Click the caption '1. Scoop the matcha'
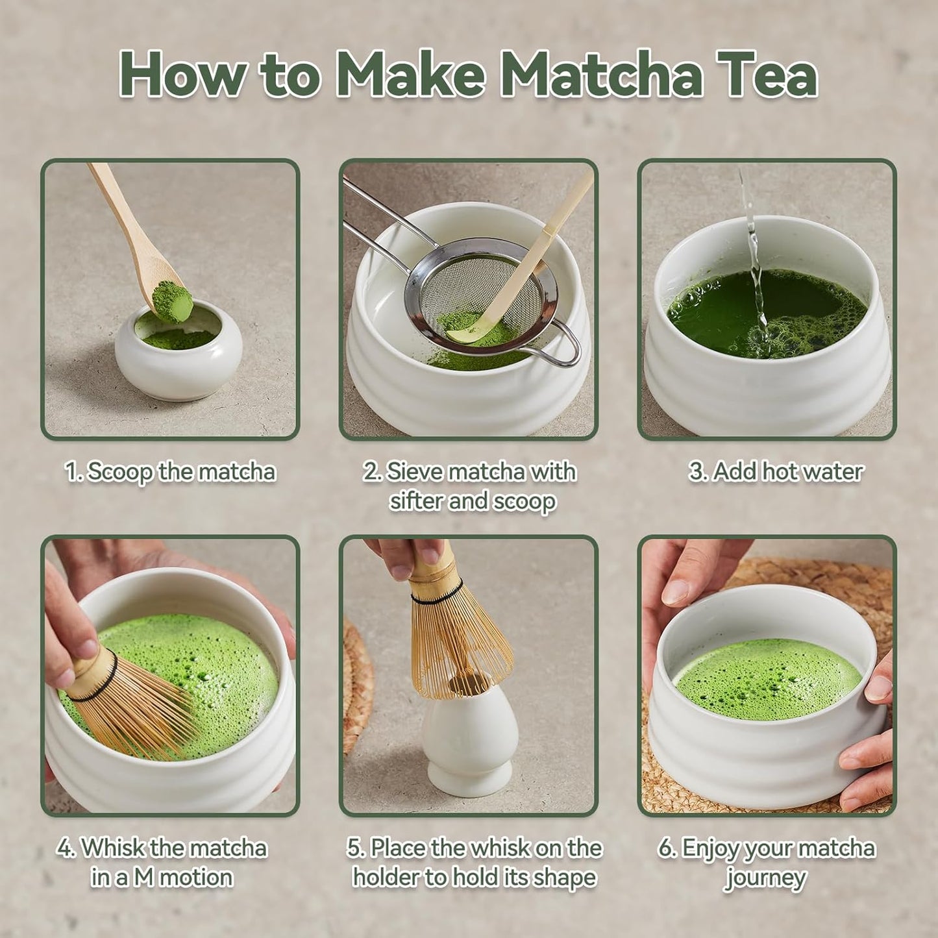click(170, 471)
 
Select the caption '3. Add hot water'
click(776, 471)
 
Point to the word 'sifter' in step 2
click(416, 501)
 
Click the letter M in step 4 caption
click(143, 878)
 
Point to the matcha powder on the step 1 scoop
click(172, 301)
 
